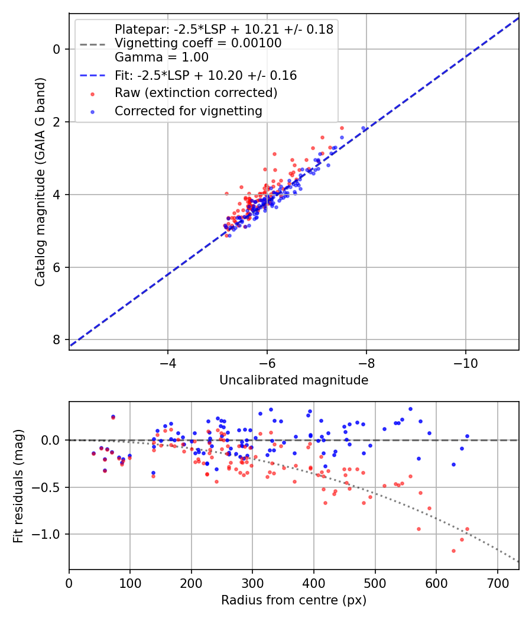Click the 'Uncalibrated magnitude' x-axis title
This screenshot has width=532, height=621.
click(294, 380)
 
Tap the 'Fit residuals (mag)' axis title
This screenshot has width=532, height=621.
click(18, 485)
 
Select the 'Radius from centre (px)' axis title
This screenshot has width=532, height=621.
click(294, 600)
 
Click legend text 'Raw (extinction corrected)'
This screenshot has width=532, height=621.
click(196, 93)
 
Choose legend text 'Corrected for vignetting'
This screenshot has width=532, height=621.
click(188, 111)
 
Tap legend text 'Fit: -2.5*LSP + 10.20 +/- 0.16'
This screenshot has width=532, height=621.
click(206, 76)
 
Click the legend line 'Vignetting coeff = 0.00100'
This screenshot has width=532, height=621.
click(198, 43)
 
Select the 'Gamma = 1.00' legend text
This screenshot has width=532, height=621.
click(161, 58)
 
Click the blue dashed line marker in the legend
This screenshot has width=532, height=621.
click(92, 76)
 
